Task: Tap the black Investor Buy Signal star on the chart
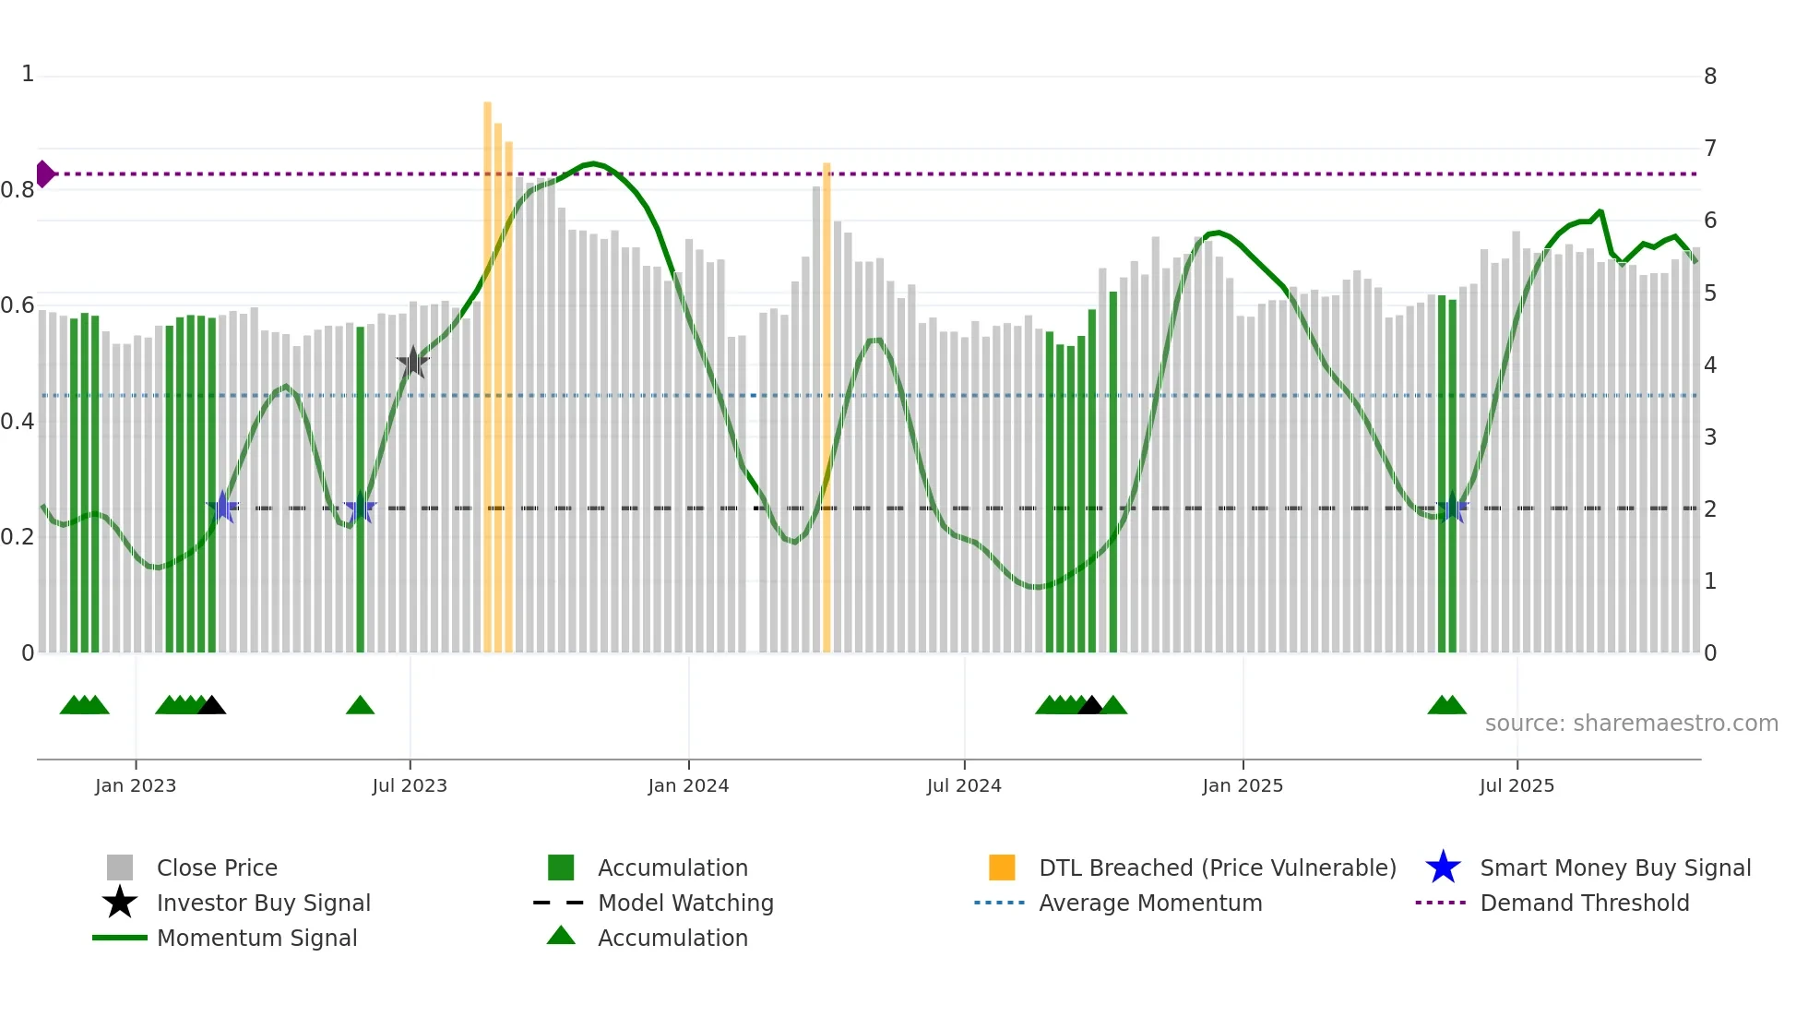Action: (413, 363)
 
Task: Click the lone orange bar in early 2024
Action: (827, 406)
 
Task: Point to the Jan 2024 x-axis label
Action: (688, 785)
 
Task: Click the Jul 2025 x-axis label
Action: (1517, 785)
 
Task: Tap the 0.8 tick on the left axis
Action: (18, 190)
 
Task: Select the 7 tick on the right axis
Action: (1709, 149)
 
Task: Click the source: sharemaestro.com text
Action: (1631, 724)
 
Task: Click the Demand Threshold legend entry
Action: (1584, 903)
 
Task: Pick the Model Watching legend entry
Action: (684, 903)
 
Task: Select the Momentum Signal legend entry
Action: (256, 938)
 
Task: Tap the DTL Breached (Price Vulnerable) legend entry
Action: (1217, 867)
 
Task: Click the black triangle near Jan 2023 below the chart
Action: (212, 706)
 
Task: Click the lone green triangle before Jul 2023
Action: (360, 706)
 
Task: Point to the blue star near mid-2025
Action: (1452, 508)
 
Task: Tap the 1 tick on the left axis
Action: (28, 74)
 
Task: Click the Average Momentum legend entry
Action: (1149, 903)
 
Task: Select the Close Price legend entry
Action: (216, 867)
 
